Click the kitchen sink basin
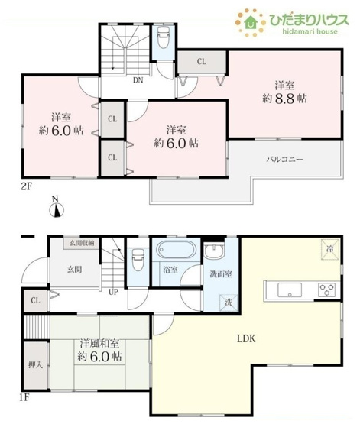point(289,290)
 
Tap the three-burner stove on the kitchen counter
point(326,290)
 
